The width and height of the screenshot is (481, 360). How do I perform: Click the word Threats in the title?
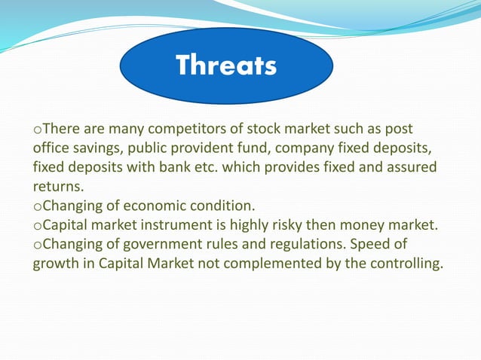pyautogui.click(x=225, y=66)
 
